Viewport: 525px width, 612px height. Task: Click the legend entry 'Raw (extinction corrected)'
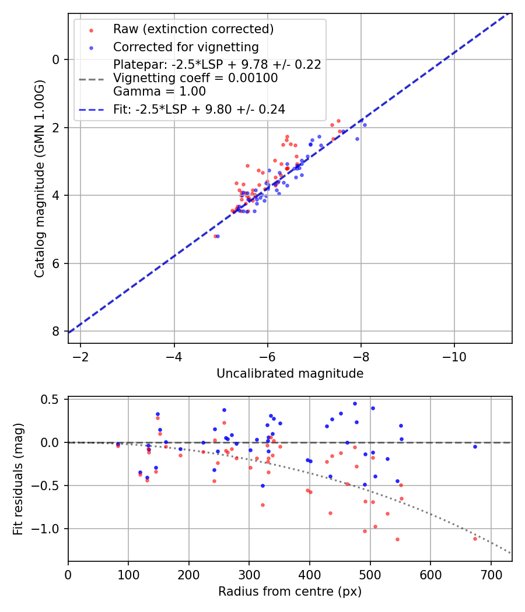pos(193,29)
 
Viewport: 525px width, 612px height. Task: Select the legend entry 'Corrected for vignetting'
pos(185,47)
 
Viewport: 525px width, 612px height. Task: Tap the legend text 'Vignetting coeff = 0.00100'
pos(195,78)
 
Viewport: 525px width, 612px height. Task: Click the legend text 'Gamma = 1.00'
pos(159,92)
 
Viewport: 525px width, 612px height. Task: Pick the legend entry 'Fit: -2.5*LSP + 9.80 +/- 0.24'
pos(199,108)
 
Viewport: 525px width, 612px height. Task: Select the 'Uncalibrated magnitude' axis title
pos(290,374)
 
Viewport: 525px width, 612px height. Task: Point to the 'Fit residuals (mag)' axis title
pos(18,479)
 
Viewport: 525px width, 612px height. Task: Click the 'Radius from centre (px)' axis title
pos(290,592)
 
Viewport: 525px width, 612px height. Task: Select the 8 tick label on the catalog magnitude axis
pos(56,331)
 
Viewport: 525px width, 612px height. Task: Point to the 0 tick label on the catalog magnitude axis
pos(56,59)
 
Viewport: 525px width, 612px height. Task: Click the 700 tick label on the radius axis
pos(491,575)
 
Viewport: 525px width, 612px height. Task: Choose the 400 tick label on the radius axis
pos(310,575)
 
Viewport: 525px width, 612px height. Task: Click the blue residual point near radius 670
pos(475,446)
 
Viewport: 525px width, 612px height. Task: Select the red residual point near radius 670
pos(475,539)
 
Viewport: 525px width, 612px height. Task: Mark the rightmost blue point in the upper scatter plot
pos(365,125)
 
